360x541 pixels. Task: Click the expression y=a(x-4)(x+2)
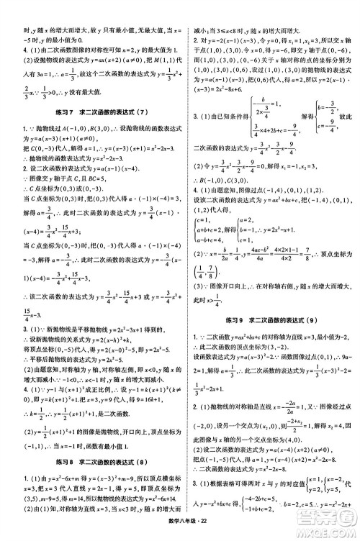[268, 450]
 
